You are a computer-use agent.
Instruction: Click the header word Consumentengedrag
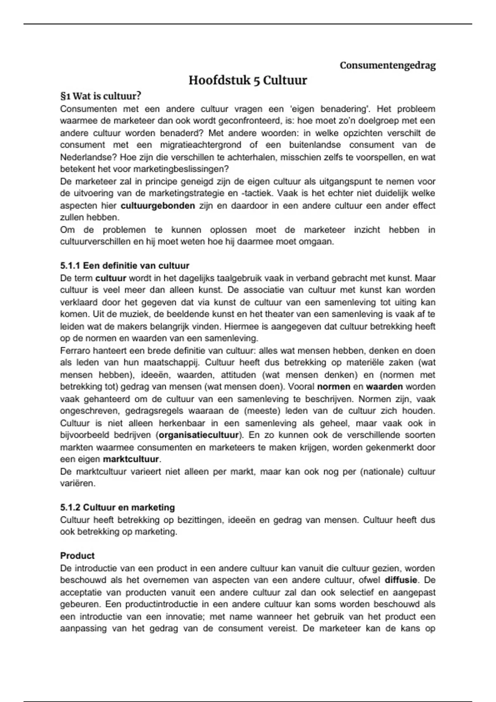click(387, 65)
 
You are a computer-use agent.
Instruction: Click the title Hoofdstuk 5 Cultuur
click(248, 80)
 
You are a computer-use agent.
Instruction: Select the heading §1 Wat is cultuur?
click(100, 96)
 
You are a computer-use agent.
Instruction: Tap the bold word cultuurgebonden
click(157, 206)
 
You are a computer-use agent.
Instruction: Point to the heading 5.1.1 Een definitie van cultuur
click(124, 266)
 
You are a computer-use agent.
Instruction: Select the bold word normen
click(334, 387)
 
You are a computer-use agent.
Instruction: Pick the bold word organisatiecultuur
click(199, 435)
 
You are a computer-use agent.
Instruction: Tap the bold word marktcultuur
click(131, 459)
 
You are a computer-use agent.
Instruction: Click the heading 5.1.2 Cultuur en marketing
click(117, 507)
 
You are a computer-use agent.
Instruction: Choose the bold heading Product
click(77, 555)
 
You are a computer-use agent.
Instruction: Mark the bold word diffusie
click(401, 580)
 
